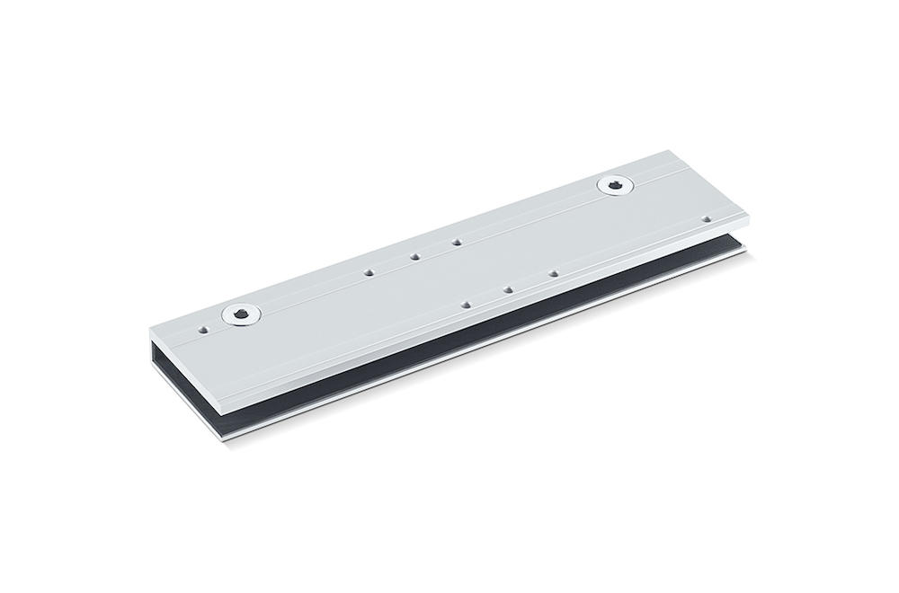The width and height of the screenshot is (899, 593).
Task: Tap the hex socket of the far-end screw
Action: point(615,185)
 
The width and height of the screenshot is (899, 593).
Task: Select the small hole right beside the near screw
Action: point(205,330)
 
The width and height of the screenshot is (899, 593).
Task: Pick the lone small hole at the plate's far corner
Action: point(707,218)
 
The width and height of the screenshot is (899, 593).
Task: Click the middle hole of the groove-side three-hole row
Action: point(415,256)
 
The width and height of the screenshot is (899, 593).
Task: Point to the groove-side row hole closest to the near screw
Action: point(369,271)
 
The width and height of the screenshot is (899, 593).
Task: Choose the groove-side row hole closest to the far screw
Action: point(457,242)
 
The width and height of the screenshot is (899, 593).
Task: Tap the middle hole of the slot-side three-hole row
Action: point(508,289)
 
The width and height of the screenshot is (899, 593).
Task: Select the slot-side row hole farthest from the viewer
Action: point(553,273)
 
